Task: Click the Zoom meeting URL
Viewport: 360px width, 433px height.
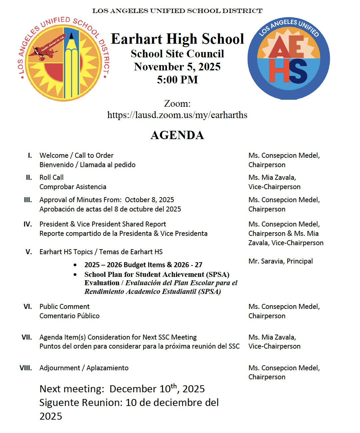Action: pyautogui.click(x=177, y=115)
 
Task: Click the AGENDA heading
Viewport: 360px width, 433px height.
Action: pyautogui.click(x=177, y=135)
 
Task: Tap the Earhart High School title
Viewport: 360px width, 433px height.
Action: pyautogui.click(x=177, y=39)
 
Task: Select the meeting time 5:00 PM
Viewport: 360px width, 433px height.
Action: pyautogui.click(x=177, y=80)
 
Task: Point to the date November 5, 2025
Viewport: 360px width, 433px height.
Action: pyautogui.click(x=177, y=67)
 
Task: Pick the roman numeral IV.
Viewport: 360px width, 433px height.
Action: pyautogui.click(x=28, y=224)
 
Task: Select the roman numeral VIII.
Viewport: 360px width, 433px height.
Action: pyautogui.click(x=26, y=368)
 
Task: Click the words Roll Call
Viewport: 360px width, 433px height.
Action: pyautogui.click(x=51, y=177)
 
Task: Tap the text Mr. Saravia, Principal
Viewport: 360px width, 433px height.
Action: pyautogui.click(x=280, y=261)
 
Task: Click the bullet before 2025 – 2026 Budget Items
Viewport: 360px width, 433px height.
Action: pyautogui.click(x=75, y=265)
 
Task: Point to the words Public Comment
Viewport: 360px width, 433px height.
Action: pyautogui.click(x=64, y=307)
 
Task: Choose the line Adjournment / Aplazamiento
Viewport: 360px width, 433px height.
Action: pyautogui.click(x=84, y=368)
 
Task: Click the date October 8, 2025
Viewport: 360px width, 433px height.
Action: pyautogui.click(x=149, y=200)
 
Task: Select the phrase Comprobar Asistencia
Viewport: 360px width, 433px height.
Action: pyautogui.click(x=73, y=187)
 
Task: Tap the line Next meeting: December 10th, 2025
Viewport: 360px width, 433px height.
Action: pyautogui.click(x=122, y=389)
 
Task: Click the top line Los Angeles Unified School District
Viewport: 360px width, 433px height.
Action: pyautogui.click(x=177, y=11)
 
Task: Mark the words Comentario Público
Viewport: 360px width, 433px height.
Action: pyautogui.click(x=69, y=316)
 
